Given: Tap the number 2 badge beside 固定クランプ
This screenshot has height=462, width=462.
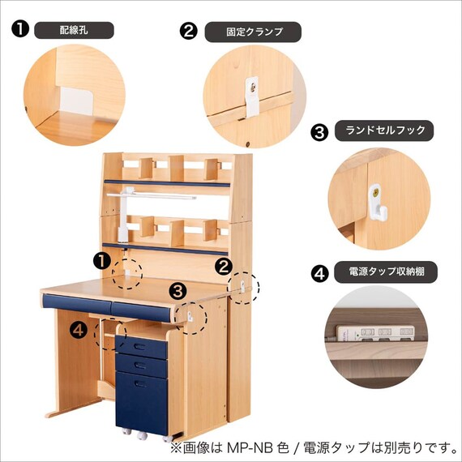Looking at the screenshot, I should [188, 32].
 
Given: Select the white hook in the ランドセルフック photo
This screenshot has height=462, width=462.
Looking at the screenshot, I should [379, 202].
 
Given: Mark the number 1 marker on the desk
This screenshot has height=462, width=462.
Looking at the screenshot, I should [101, 260].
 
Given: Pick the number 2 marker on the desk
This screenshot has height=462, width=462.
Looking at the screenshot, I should [225, 265].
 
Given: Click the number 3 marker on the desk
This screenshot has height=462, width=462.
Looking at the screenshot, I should [178, 289].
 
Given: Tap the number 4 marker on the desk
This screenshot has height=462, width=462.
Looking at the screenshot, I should [78, 330].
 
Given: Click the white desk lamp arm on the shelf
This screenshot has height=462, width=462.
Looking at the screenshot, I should [146, 195].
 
